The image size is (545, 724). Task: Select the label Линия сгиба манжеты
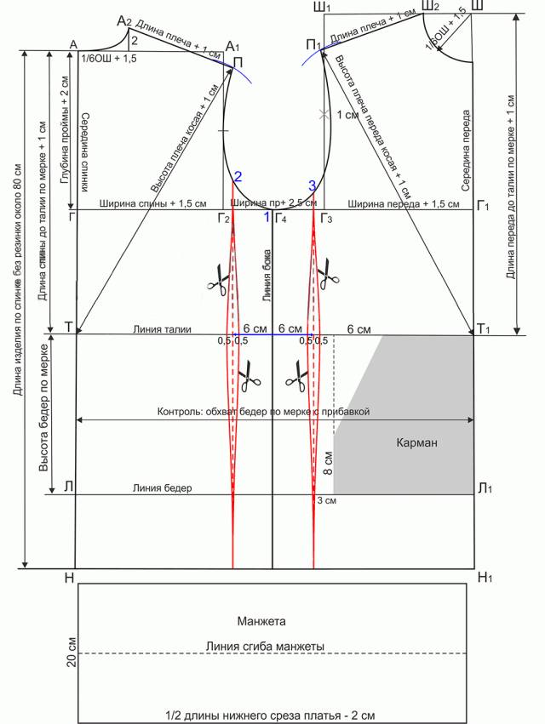[265, 647]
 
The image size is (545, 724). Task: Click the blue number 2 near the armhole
[238, 177]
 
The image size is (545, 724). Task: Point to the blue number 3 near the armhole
[313, 185]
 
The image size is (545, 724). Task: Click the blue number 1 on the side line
[267, 218]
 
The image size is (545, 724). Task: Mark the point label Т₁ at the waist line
[485, 329]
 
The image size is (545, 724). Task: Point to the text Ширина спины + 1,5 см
[153, 204]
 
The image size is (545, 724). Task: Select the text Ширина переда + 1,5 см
[404, 204]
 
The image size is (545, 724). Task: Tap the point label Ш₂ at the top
[430, 8]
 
